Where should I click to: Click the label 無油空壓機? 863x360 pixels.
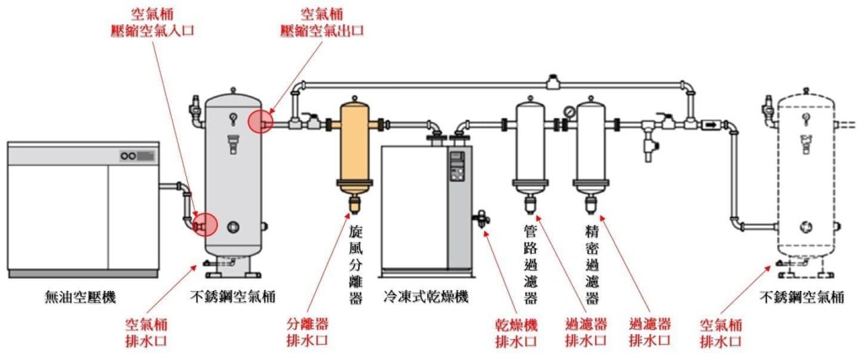(x=80, y=297)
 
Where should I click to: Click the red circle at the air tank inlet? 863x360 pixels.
(x=205, y=224)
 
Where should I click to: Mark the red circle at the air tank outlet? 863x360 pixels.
(x=260, y=121)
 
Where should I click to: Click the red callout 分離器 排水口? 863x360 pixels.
(x=307, y=331)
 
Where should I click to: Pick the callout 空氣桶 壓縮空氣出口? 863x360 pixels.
(x=322, y=23)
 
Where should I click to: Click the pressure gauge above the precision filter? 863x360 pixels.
(x=571, y=111)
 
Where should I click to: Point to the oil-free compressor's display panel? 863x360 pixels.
(x=138, y=156)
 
